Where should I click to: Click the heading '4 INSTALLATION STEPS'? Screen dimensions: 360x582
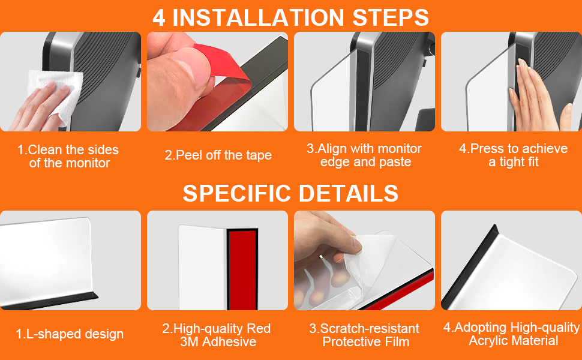click(290, 17)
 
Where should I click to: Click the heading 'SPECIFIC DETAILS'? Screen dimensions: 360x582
click(290, 193)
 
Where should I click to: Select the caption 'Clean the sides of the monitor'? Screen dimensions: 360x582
click(68, 156)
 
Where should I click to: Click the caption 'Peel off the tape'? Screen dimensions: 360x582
click(218, 155)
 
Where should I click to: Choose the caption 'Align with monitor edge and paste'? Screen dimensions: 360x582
click(364, 155)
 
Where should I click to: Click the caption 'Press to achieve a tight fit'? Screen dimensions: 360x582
click(513, 155)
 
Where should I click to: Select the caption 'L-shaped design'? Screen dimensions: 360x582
click(70, 334)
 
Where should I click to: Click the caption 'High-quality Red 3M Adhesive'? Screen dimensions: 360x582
click(217, 335)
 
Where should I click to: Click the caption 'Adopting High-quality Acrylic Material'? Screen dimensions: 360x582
click(512, 334)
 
